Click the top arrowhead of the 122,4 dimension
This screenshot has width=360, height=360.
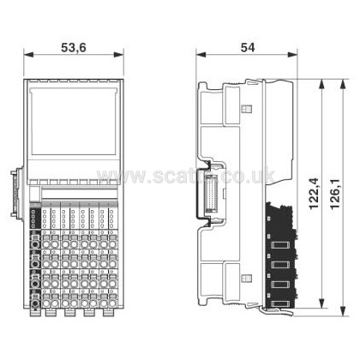pyautogui.click(x=321, y=82)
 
